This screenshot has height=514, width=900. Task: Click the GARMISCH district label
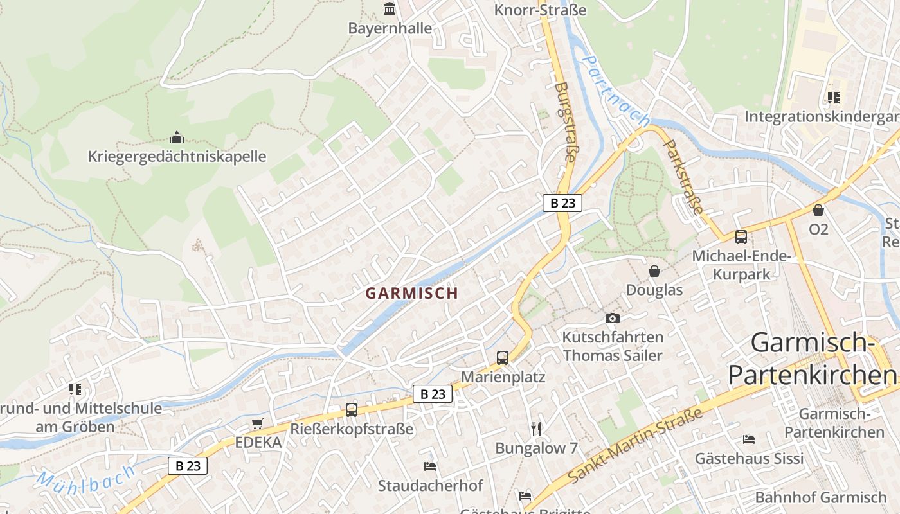point(411,293)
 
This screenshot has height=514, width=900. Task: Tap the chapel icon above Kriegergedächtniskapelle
point(177,137)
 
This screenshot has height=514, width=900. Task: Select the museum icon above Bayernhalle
point(390,9)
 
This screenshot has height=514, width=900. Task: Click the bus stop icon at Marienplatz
point(503,357)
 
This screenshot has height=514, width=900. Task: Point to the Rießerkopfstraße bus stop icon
point(351,409)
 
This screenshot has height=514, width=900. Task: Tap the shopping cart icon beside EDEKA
point(258,423)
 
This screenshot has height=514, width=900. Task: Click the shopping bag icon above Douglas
point(654,271)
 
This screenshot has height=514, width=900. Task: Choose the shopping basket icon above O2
point(818,210)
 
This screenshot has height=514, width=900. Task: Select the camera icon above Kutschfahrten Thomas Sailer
point(613,318)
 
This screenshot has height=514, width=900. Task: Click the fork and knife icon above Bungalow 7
point(536,429)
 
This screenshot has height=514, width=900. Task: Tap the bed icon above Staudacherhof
point(430,466)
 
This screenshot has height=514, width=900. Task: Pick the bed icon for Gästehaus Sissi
point(749,439)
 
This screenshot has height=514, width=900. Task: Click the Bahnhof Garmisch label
point(820,497)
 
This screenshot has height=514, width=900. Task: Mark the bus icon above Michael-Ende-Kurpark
point(741,237)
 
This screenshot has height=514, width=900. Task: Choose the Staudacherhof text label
point(430,485)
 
